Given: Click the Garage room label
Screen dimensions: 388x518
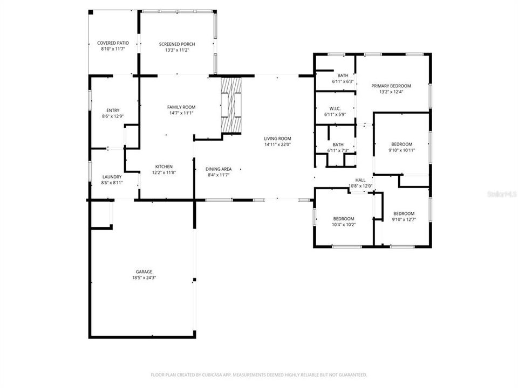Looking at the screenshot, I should tap(144, 272).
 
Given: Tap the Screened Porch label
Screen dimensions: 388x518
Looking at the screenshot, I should tap(177, 44).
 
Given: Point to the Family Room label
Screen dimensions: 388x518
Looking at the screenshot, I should tap(181, 107).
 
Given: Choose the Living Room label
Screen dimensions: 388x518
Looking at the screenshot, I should tap(277, 138).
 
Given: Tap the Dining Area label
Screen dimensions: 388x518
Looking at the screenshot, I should tap(219, 169).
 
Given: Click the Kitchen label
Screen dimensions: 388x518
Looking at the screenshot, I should tap(164, 167).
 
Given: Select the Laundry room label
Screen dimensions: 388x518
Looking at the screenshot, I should tap(112, 177).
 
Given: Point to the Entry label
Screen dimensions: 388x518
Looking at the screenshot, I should tap(113, 110).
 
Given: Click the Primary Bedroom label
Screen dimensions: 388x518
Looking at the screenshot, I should tap(391, 86).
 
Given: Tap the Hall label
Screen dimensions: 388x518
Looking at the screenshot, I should tap(360, 180).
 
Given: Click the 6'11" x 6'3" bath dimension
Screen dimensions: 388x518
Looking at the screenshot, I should tap(343, 81).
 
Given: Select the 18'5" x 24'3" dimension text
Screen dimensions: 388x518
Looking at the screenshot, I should tap(144, 278).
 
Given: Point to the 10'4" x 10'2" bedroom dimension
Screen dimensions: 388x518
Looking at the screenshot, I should tap(344, 224).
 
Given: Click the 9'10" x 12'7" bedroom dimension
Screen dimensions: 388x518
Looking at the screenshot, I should tap(404, 219).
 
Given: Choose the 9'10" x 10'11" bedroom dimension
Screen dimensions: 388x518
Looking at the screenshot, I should tap(402, 150).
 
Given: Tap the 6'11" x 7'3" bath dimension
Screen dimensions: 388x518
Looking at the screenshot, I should tap(338, 150).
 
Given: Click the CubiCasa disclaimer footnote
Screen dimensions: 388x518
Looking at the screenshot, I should tap(258, 374).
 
